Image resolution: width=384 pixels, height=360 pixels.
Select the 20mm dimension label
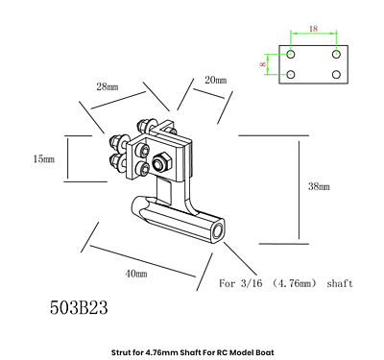[215, 81]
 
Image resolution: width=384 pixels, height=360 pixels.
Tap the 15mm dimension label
[43, 158]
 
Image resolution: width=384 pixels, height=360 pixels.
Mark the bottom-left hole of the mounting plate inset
[291, 74]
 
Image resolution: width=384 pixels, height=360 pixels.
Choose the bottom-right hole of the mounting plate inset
[337, 74]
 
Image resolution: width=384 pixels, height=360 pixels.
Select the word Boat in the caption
[262, 350]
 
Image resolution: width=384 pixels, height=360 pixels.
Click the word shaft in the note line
[340, 284]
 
